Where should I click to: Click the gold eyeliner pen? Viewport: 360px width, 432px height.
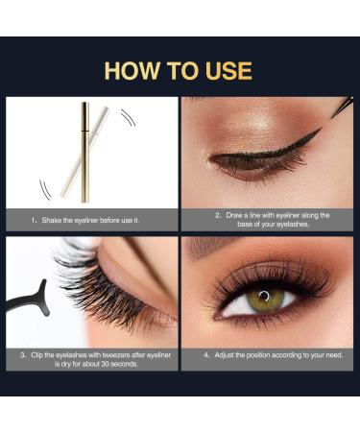[84, 153]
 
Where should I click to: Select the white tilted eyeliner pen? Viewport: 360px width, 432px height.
[84, 153]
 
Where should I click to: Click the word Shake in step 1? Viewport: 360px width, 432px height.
[52, 220]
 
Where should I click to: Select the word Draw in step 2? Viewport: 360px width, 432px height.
[234, 215]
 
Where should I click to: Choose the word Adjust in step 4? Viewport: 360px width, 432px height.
[224, 355]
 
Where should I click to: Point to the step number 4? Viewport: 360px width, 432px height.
[206, 355]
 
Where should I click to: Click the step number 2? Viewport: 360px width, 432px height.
[218, 215]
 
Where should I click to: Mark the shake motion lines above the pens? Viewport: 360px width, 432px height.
[129, 118]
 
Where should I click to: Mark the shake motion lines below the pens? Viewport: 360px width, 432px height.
[45, 190]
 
